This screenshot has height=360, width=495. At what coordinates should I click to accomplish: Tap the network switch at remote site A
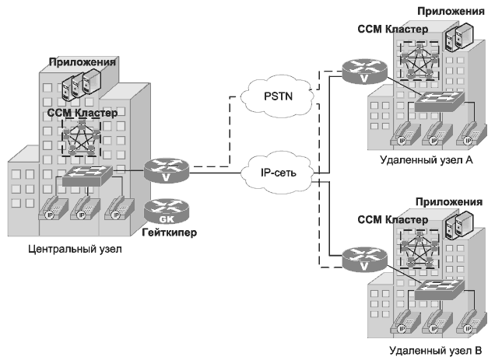point(439,100)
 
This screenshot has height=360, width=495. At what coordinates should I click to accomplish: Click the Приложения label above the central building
point(82,61)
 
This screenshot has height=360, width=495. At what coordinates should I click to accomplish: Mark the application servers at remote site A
point(455,35)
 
